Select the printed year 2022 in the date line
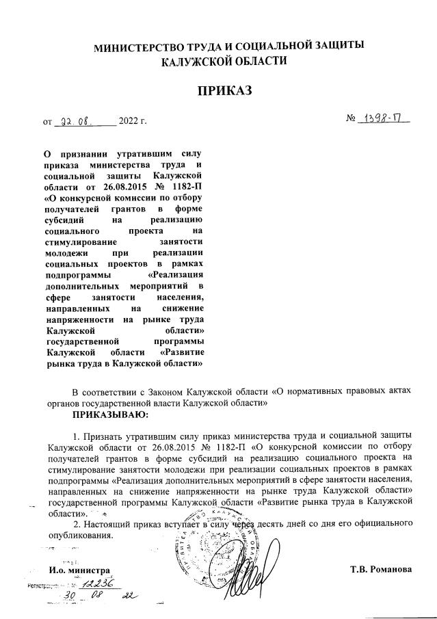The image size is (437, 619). click(x=129, y=123)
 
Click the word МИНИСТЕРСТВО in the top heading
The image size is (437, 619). click(x=139, y=47)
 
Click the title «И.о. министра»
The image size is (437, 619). click(x=79, y=570)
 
